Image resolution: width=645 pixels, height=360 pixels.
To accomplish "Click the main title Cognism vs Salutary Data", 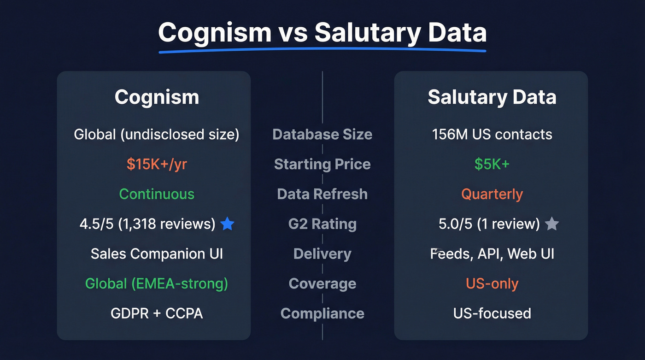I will coord(322,33).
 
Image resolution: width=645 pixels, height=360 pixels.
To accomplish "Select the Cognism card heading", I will coord(157,97).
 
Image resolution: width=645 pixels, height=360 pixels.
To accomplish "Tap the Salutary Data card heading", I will coord(492,97).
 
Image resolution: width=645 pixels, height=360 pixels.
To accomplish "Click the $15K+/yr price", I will coord(157,164).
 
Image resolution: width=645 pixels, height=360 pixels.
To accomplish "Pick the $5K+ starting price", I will coord(492,164).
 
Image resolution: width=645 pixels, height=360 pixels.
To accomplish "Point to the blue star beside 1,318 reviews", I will coord(227,224).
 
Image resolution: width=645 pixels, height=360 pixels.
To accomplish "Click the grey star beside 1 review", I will coord(551,224).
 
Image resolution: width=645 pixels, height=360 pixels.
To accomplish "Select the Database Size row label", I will coord(322,135).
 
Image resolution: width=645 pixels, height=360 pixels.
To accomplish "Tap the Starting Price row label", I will coord(322,164).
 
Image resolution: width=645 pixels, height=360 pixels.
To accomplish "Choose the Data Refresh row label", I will coord(322,194).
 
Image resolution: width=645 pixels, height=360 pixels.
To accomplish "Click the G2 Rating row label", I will coord(322,224).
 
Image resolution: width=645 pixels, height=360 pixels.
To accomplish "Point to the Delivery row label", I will coord(322,254).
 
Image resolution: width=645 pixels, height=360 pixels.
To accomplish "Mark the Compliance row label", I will coord(322,313).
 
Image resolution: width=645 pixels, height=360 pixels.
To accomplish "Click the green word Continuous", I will coord(157,194).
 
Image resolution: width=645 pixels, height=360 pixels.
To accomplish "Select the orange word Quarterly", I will coord(492,194).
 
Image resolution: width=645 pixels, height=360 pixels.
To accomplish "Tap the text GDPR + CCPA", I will coord(157,313).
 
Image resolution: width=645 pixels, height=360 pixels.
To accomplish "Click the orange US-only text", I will coord(492,283).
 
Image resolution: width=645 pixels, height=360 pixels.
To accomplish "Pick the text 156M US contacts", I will coord(492,135).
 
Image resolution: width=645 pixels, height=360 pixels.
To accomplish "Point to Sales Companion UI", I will coord(157,254).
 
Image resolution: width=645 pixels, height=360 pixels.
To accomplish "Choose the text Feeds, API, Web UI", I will coord(492,254).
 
